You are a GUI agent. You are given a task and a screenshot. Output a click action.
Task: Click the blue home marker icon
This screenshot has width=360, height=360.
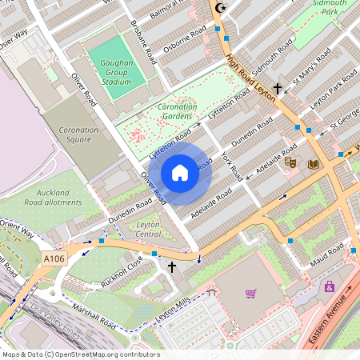(x=180, y=173)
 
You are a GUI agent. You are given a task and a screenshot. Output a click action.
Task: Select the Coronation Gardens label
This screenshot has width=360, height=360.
(x=177, y=111)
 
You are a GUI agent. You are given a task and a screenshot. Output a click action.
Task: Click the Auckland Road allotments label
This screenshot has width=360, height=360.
(x=58, y=198)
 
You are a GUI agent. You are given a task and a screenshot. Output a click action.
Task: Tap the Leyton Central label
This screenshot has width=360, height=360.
(x=149, y=230)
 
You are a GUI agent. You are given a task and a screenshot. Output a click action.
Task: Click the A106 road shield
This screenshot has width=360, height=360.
(x=54, y=258)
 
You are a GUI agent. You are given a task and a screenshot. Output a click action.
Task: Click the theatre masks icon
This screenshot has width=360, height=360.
(x=290, y=162)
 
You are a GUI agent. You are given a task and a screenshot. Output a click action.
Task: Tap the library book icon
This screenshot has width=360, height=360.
(x=313, y=164)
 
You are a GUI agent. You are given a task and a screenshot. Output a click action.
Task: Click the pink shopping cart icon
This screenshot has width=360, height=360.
(x=250, y=294)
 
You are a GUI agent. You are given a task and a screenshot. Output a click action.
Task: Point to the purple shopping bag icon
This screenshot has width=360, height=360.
(x=328, y=286)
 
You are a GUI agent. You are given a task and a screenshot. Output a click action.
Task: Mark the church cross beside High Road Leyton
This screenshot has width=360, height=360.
(x=278, y=88)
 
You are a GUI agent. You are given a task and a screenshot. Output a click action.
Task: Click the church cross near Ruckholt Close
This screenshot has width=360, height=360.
(x=170, y=266)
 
